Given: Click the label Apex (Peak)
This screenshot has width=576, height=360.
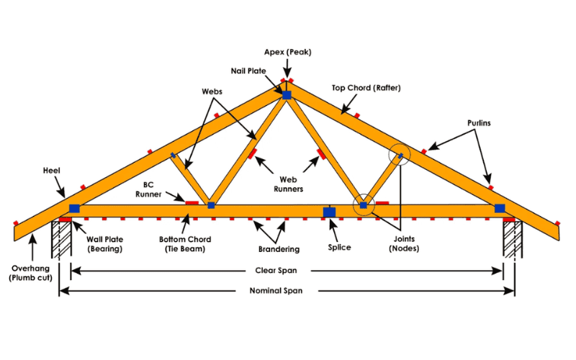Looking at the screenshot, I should (287, 53).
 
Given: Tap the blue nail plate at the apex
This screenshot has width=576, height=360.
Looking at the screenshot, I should (287, 95).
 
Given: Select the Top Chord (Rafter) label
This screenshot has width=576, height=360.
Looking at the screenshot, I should (366, 88).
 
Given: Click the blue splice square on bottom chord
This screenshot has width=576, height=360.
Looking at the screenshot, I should (329, 212).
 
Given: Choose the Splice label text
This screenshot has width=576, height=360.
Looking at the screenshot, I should (338, 248).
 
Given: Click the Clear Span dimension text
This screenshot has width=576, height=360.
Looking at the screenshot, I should (287, 271).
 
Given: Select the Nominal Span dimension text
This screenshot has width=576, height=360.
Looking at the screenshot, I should (287, 291).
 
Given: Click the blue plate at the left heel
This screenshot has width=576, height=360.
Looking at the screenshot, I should (74, 209).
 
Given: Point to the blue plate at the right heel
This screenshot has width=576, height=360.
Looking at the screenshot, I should (500, 209).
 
